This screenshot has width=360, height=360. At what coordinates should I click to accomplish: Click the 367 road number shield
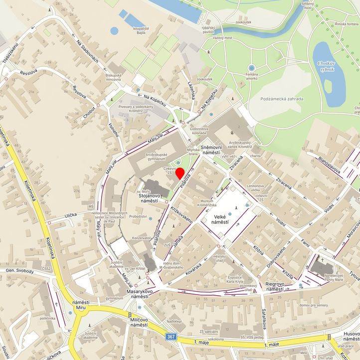[172, 337]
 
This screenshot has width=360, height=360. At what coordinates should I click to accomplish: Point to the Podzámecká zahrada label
[282, 99]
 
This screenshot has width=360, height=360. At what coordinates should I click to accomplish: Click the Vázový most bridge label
[223, 38]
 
